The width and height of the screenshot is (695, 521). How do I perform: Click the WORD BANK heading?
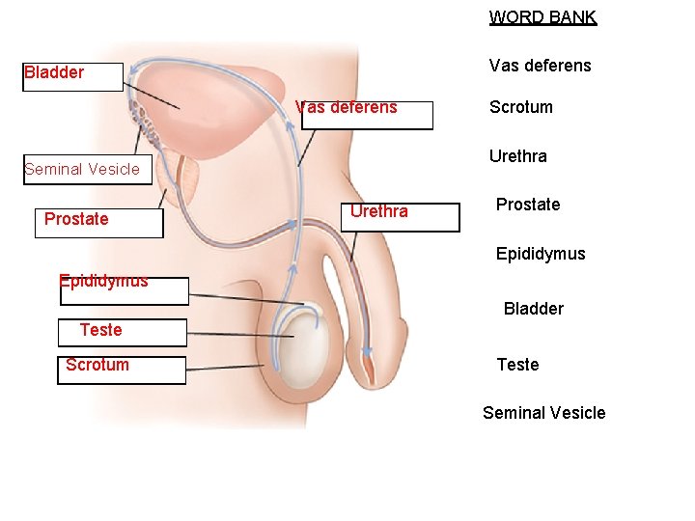click(x=542, y=17)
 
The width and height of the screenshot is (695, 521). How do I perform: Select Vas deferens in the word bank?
click(x=540, y=66)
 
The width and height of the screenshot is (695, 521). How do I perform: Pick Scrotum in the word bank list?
click(x=520, y=107)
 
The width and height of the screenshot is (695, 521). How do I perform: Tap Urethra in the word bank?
click(x=517, y=156)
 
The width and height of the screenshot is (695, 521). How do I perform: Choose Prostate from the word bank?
click(x=527, y=205)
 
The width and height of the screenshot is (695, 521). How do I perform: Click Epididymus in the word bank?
click(x=540, y=254)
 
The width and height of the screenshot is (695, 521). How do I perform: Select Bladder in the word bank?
click(x=533, y=309)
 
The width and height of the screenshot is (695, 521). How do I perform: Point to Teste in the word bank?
click(x=517, y=365)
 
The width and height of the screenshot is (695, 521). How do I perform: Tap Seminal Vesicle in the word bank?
click(x=543, y=413)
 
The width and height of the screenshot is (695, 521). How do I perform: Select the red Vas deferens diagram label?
click(x=347, y=107)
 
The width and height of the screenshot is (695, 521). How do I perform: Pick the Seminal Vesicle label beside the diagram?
click(x=82, y=170)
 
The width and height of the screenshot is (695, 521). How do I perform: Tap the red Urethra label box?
click(x=379, y=211)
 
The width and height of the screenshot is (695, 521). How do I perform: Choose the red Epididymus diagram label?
click(x=103, y=282)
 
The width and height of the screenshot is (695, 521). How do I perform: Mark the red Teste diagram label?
click(x=100, y=330)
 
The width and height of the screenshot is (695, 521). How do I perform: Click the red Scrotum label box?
click(x=97, y=365)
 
